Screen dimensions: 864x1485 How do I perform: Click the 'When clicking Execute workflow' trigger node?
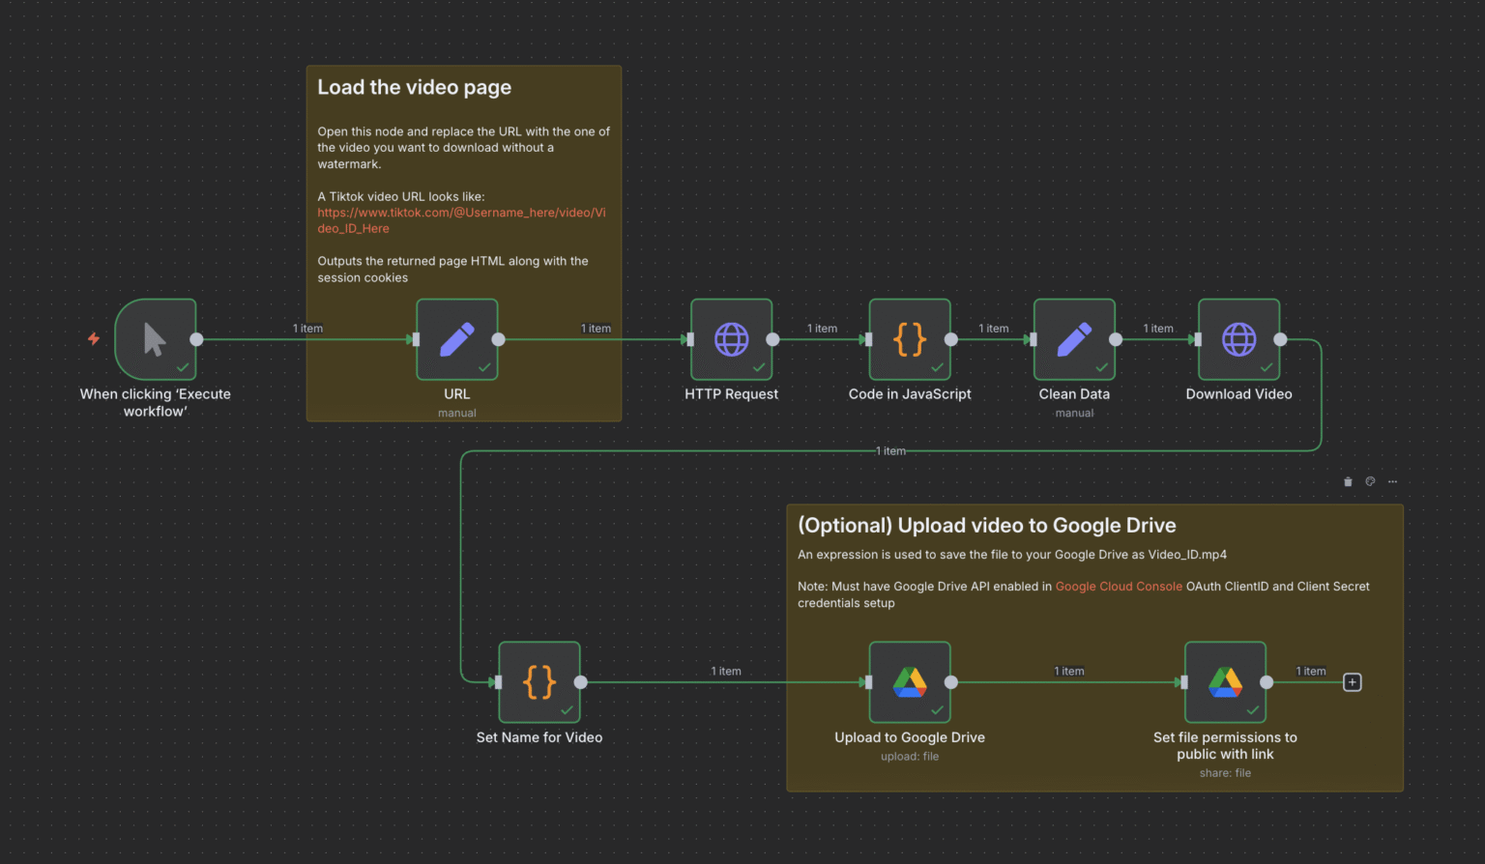155,339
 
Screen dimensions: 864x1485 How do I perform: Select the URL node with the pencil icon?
457,339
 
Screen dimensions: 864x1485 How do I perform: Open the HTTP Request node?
731,339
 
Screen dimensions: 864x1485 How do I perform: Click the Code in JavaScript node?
910,339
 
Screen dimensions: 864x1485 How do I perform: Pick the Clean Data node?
1074,339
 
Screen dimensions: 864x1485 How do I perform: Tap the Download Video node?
1238,339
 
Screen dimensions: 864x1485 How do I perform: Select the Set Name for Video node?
539,682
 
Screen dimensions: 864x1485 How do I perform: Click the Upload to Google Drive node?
910,682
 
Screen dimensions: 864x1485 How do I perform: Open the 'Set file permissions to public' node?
1225,682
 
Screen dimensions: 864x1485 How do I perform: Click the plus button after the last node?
1353,682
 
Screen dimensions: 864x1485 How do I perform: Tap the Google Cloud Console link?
1119,587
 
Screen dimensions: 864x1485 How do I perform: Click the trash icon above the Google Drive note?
1348,481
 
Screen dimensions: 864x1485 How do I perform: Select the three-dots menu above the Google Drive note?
1392,481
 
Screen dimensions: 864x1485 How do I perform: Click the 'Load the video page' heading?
414,88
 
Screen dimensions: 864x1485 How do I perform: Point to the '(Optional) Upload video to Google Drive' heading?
986,526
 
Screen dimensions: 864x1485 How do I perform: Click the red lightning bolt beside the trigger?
94,338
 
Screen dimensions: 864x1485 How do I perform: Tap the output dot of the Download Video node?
1280,339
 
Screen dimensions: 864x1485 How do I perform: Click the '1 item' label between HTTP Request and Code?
822,329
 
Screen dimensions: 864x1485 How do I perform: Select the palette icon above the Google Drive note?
1370,481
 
